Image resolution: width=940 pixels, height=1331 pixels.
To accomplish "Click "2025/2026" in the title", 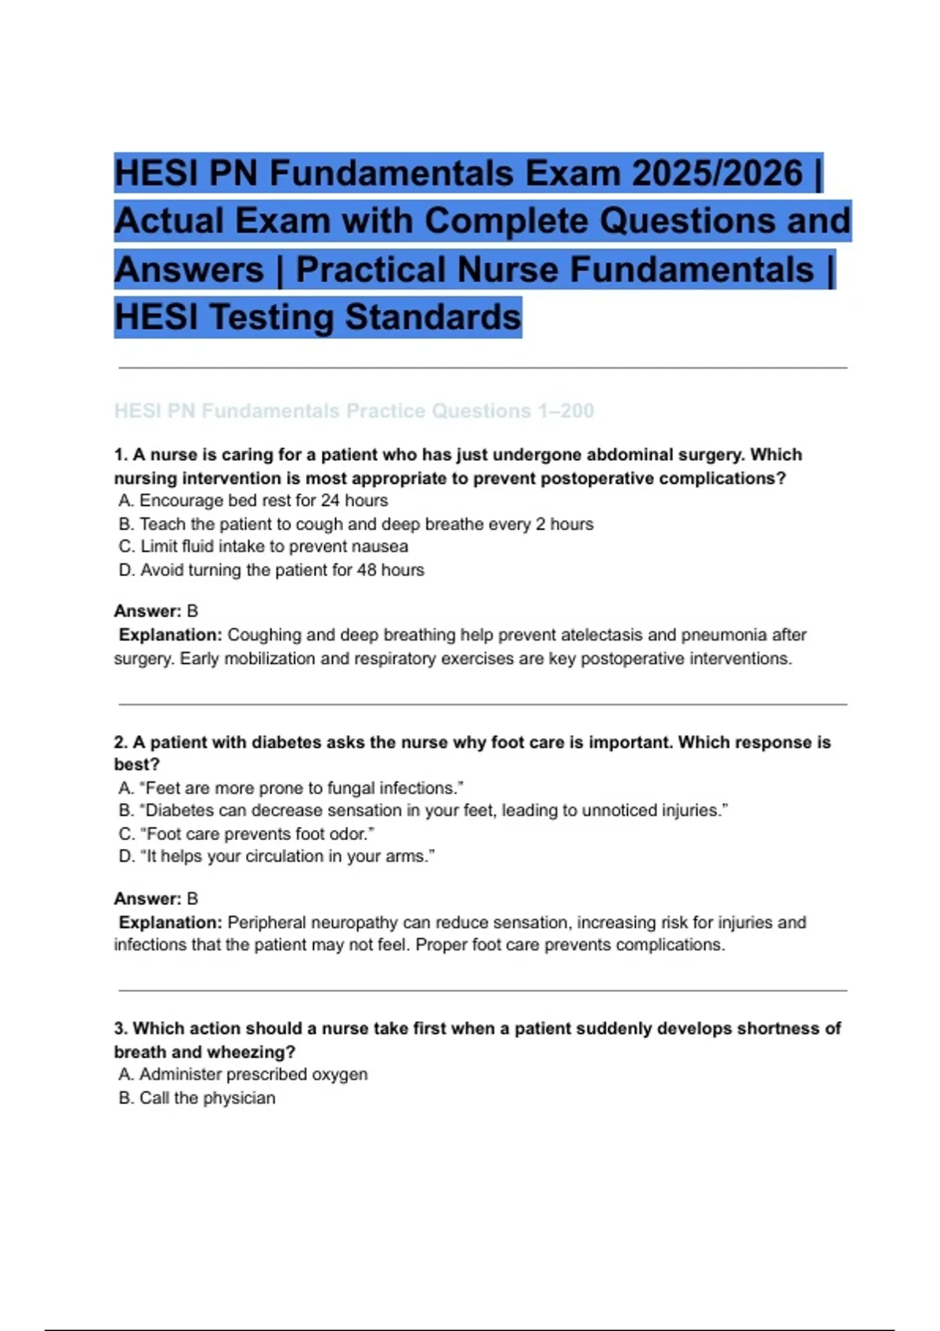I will (717, 173).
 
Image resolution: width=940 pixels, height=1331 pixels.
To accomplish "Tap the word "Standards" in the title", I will (432, 317).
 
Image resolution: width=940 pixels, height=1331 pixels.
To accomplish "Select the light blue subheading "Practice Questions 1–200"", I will (470, 410).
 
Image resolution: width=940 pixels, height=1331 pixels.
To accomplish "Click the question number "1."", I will (121, 455).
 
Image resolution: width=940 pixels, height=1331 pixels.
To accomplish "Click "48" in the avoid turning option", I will (367, 570).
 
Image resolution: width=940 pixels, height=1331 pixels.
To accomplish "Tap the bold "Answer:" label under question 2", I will (147, 899).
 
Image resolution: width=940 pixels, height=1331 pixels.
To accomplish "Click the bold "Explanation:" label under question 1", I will (170, 635).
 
